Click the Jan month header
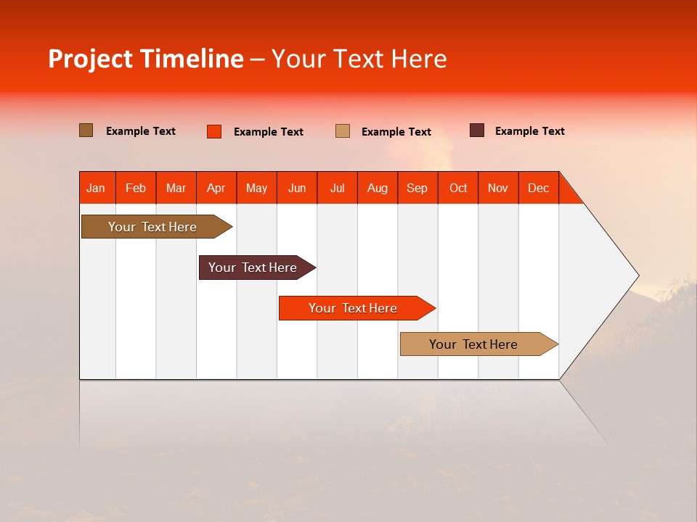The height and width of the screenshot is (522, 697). tap(97, 188)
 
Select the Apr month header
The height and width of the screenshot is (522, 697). tap(216, 188)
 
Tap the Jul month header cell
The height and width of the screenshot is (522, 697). tap(338, 188)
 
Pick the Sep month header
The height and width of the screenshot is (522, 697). tap(417, 188)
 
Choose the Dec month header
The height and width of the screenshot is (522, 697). tap(539, 188)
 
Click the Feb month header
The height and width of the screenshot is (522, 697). tap(136, 188)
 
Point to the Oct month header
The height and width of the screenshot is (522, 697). tap(458, 188)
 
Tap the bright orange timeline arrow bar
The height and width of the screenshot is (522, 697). tap(354, 308)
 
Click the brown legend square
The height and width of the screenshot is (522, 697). tap(86, 130)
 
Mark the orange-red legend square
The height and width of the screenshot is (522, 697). tap(214, 131)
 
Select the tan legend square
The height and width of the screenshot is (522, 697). tap(343, 131)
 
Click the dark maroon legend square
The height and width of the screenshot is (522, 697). tap(477, 130)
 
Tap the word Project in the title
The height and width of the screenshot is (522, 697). tap(90, 59)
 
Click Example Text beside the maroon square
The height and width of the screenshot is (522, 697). tap(529, 131)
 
